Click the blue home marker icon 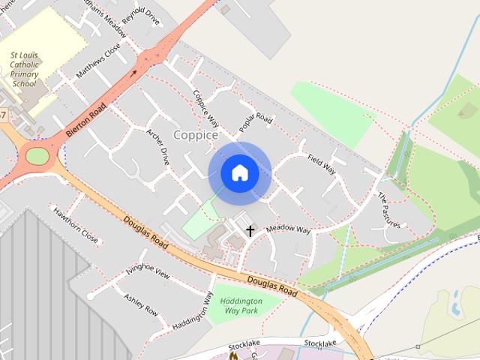239,172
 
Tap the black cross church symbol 249,232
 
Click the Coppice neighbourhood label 196,135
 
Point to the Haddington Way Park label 239,305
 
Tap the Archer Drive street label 158,145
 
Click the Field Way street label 321,163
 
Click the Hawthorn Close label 75,225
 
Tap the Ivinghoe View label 148,271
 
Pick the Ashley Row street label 140,304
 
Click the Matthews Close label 97,61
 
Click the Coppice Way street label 205,109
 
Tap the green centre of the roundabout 37,156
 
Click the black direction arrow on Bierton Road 134,73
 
